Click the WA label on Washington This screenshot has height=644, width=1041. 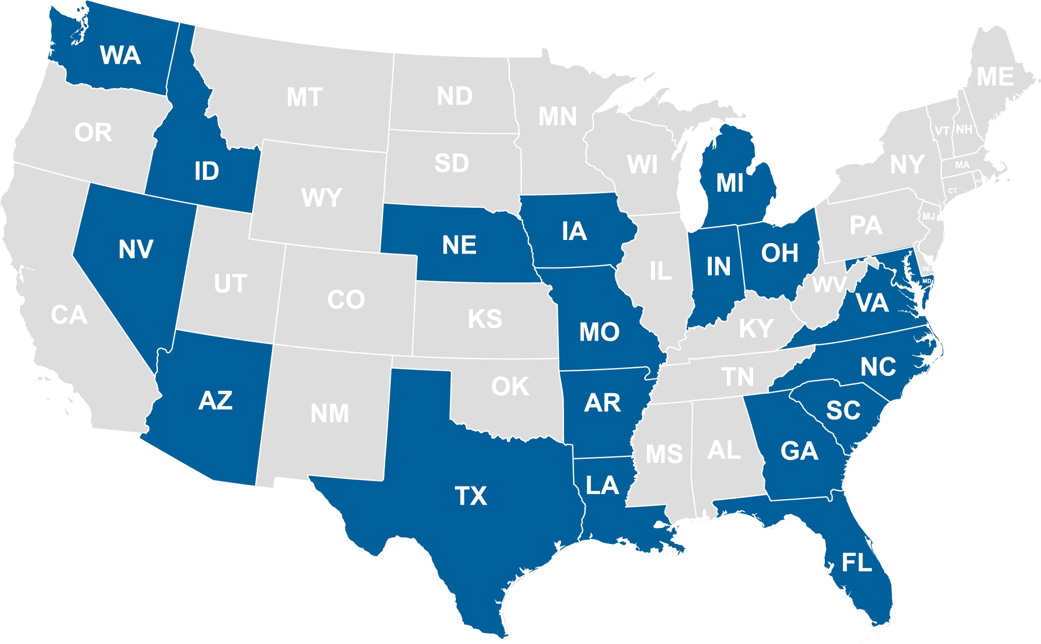(120, 55)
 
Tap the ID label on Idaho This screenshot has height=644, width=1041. (207, 172)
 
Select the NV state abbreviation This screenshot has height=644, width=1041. (136, 249)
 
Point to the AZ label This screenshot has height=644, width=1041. (216, 401)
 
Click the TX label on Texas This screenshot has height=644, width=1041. (471, 496)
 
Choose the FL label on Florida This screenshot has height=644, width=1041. (857, 562)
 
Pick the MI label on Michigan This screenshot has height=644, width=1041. (730, 183)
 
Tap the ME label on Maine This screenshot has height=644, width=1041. (995, 77)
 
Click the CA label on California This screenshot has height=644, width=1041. (69, 315)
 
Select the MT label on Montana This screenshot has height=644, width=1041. (305, 97)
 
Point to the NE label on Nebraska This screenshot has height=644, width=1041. (459, 246)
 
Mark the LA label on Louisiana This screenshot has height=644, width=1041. (602, 486)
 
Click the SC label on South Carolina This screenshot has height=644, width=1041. (843, 411)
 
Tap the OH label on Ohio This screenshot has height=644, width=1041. (780, 253)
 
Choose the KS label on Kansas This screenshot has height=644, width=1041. (485, 319)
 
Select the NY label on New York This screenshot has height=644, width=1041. (907, 165)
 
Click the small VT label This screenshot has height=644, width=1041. (942, 131)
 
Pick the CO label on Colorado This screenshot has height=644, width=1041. (346, 300)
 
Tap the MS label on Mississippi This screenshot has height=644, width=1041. (664, 454)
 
